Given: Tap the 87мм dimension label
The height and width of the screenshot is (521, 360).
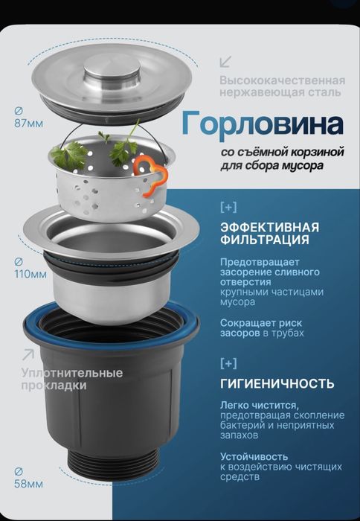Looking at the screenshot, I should tap(29, 124).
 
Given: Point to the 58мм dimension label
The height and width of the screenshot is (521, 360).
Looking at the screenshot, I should tap(29, 484).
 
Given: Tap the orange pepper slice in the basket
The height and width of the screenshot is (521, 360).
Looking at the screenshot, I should tap(151, 173).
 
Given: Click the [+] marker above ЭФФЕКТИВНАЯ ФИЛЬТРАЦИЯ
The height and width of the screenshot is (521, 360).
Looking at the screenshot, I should tap(229, 205).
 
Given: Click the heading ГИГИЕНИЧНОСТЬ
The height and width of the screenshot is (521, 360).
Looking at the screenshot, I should tap(276, 384).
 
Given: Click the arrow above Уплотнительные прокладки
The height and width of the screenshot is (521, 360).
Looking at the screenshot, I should tap(28, 354).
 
